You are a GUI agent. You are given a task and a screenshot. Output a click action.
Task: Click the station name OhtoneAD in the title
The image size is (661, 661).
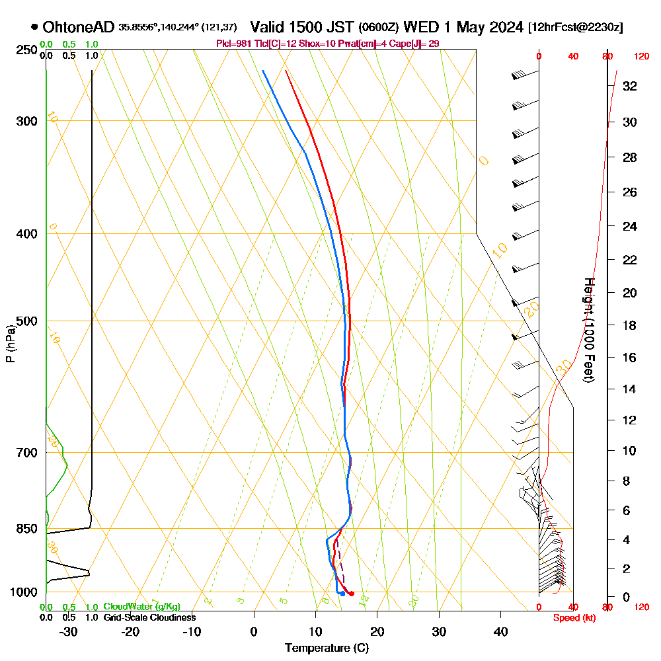coord(79,28)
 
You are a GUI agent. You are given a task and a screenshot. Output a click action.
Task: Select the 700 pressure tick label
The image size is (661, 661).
coord(25,453)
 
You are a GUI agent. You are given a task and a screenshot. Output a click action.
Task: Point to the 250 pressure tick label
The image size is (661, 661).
coord(25,50)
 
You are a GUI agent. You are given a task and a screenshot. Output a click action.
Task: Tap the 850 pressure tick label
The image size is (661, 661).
coord(25,529)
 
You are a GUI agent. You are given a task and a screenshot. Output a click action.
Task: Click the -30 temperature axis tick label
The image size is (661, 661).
coord(69,632)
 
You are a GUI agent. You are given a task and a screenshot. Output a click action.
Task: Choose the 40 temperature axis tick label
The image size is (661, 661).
coord(500,632)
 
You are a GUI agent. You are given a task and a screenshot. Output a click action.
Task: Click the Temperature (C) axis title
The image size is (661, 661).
coord(327,648)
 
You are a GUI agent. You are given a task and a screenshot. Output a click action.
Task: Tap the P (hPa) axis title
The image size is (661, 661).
coord(10,344)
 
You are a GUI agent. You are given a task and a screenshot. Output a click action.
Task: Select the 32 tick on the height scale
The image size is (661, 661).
coord(630,86)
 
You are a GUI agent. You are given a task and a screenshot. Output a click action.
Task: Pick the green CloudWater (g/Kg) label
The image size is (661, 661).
coord(141,607)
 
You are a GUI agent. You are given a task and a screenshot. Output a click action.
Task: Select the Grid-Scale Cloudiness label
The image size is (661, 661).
coord(149,617)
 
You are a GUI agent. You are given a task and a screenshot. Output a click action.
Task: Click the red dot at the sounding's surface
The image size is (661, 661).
coord(351,594)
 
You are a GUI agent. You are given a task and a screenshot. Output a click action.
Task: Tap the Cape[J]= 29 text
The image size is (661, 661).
coord(417,44)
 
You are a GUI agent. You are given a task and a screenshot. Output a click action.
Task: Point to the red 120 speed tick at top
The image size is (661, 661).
coord(641,57)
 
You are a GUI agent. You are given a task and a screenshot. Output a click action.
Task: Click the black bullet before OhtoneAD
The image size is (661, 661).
coord(34,28)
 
